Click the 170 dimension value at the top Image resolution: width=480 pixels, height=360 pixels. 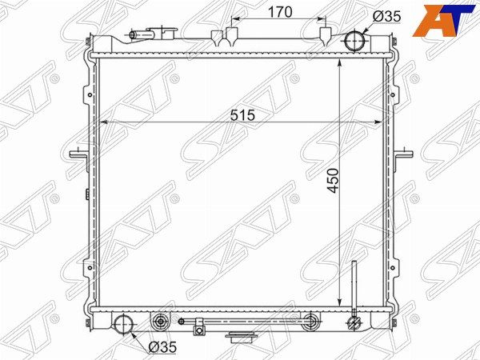pyautogui.click(x=280, y=12)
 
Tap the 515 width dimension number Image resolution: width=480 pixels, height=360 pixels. pyautogui.click(x=242, y=115)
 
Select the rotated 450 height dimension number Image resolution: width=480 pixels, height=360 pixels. pyautogui.click(x=333, y=181)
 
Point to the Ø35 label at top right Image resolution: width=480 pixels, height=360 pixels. pyautogui.click(x=386, y=17)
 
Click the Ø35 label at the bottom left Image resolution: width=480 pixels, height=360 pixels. pyautogui.click(x=162, y=347)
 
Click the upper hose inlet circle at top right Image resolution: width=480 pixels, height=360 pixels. pyautogui.click(x=354, y=40)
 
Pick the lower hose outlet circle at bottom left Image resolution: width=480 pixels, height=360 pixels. pyautogui.click(x=124, y=324)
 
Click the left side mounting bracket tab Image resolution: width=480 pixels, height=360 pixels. pyautogui.click(x=78, y=154)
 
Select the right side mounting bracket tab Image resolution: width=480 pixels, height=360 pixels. pyautogui.click(x=403, y=154)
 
